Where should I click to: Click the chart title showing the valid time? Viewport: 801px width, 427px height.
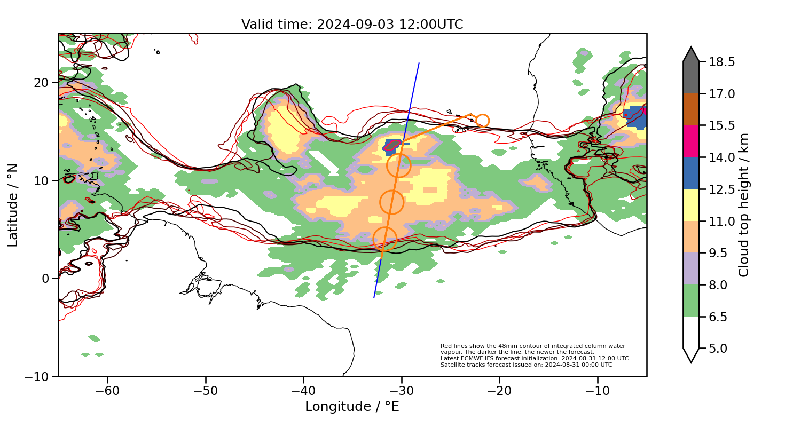tap(352, 25)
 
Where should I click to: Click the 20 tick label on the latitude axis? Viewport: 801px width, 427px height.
tap(43, 83)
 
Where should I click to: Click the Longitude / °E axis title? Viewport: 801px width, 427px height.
tap(352, 407)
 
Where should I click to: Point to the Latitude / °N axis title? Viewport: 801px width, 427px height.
tap(13, 205)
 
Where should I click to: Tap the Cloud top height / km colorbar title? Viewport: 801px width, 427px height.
tap(744, 205)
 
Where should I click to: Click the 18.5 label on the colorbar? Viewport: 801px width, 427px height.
tap(721, 62)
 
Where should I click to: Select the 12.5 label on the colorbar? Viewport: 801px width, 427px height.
tap(721, 189)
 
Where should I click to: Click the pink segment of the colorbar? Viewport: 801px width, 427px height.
tap(691, 141)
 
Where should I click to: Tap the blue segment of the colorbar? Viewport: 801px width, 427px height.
tap(691, 173)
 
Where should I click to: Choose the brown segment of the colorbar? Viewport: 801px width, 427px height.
tap(691, 109)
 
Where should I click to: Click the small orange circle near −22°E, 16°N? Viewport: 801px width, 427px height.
tap(482, 121)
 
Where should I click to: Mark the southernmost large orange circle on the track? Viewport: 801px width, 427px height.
tap(384, 239)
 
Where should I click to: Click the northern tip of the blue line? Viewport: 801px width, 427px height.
tap(419, 63)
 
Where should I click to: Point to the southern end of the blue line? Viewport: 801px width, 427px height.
tap(374, 297)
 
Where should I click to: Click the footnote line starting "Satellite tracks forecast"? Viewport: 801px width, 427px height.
tap(526, 365)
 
